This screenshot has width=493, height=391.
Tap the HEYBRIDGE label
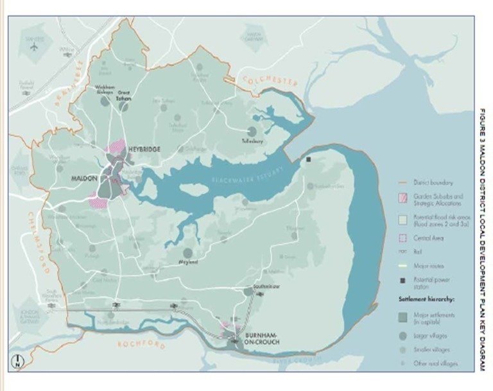(x=143, y=149)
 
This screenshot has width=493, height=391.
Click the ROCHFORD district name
(x=141, y=345)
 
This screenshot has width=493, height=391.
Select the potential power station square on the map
(x=309, y=159)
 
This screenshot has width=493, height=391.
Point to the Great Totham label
(x=123, y=96)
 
